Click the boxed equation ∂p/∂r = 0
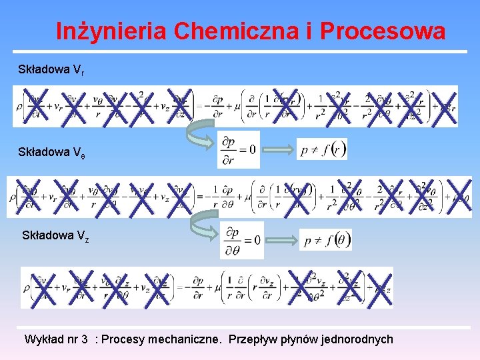pos(239,149)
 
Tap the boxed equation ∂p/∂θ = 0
pos(241,240)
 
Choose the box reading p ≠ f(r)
pos(322,149)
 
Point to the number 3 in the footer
pos(85,339)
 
